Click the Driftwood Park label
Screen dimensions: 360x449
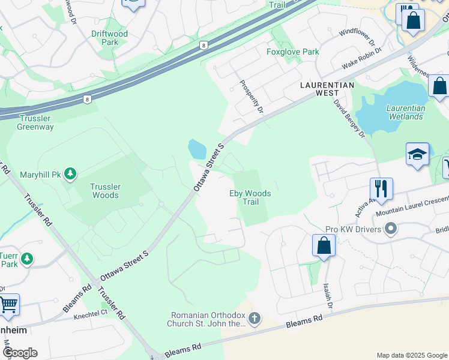pyautogui.click(x=110, y=38)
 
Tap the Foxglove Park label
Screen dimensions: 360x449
pyautogui.click(x=293, y=52)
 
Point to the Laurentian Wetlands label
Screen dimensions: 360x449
pyautogui.click(x=406, y=112)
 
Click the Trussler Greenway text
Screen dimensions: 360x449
pyautogui.click(x=35, y=122)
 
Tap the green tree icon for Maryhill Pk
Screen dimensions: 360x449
pyautogui.click(x=71, y=174)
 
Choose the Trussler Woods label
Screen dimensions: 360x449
pyautogui.click(x=105, y=191)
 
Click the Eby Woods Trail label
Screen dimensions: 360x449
pyautogui.click(x=250, y=197)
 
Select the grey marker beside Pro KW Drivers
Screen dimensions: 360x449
pyautogui.click(x=391, y=229)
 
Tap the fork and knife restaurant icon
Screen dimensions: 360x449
pyautogui.click(x=381, y=188)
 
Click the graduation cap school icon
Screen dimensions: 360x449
pyautogui.click(x=417, y=154)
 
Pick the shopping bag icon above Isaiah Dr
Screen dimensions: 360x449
pyautogui.click(x=324, y=245)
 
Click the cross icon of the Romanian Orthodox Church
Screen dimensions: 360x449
pyautogui.click(x=255, y=319)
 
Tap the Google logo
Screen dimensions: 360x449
pyautogui.click(x=20, y=353)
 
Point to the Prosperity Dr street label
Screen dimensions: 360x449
pyautogui.click(x=252, y=97)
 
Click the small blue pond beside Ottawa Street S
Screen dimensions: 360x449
pyautogui.click(x=197, y=148)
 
